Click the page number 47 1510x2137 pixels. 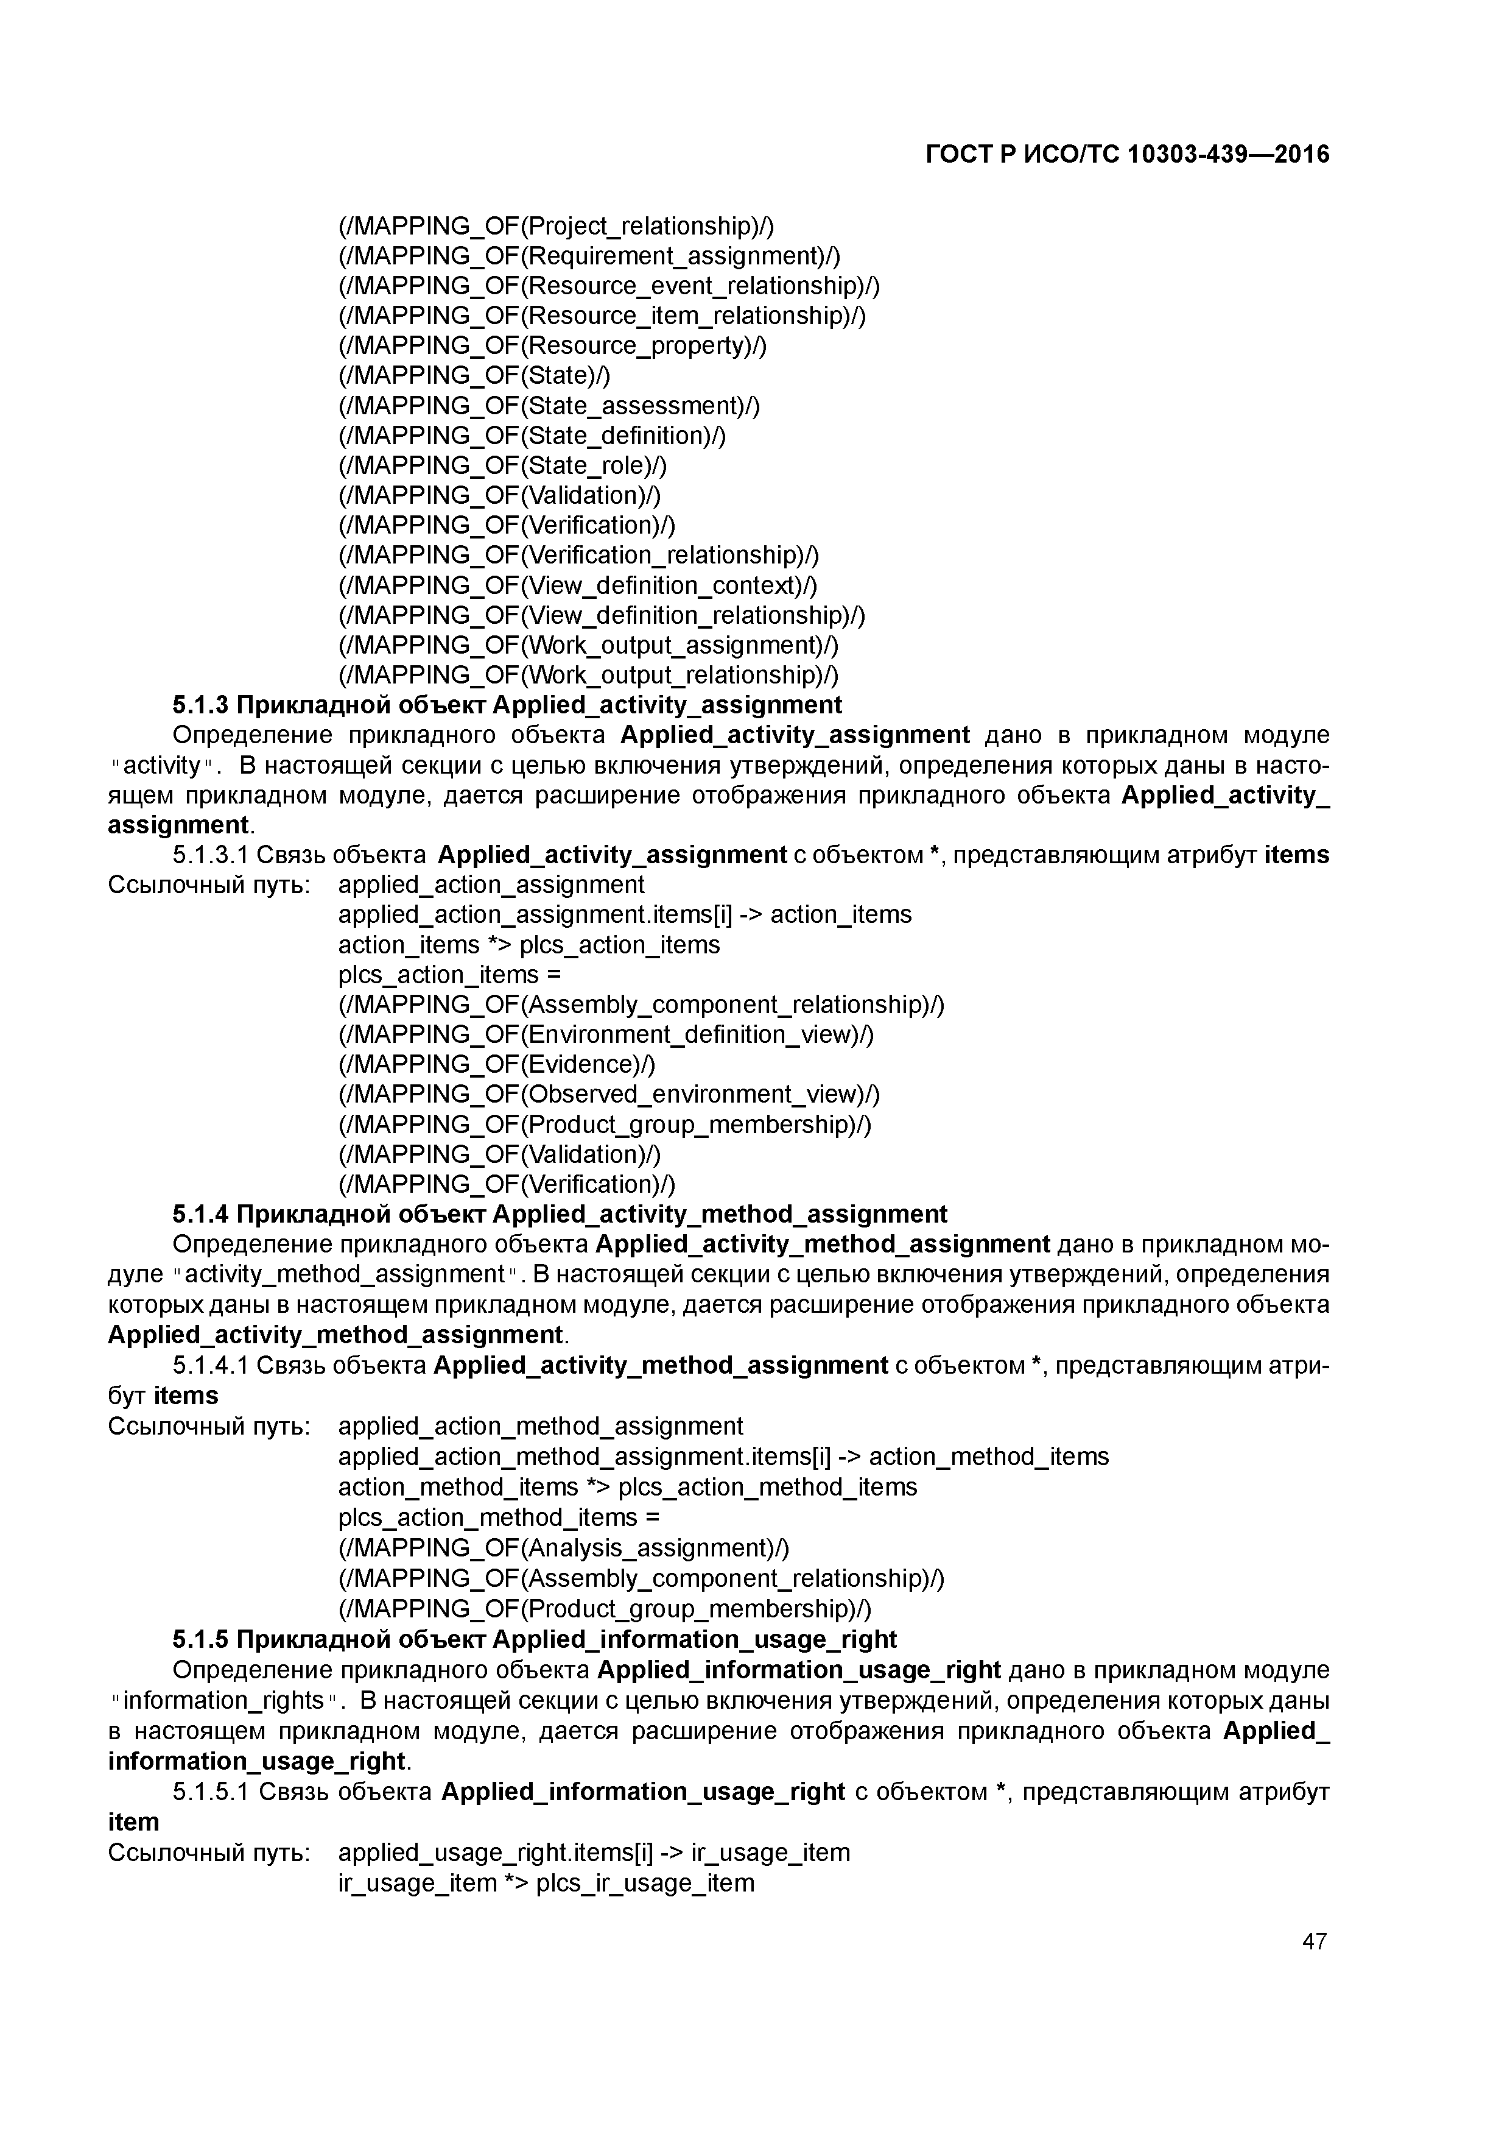click(1314, 1941)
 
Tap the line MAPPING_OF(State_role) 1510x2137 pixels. click(502, 465)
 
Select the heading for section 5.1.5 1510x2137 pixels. click(534, 1639)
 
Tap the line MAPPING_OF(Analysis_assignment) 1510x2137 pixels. click(563, 1548)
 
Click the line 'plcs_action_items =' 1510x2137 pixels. click(449, 975)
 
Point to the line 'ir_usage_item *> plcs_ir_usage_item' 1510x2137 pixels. click(546, 1883)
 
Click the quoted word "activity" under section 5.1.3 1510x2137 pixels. click(162, 765)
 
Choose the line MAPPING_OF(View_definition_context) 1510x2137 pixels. click(577, 585)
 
